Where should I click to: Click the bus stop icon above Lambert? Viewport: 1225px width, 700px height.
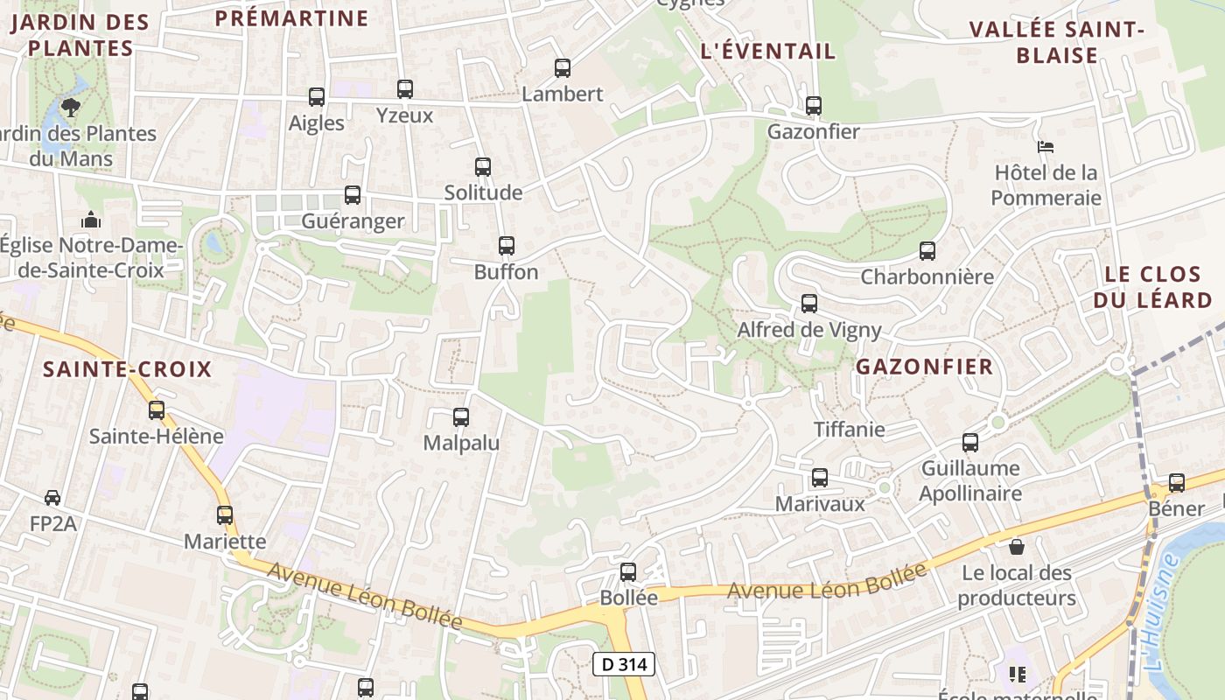coord(563,68)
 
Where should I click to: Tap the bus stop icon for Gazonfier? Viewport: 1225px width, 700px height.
coord(814,106)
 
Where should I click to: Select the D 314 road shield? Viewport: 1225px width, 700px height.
coord(625,664)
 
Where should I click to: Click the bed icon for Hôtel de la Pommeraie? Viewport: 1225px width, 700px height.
coord(1045,146)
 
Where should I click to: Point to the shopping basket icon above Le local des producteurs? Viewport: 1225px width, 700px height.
coord(1017,547)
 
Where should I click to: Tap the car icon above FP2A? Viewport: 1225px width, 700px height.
coord(52,498)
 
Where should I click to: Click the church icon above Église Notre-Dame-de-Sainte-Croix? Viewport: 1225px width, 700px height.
coord(91,220)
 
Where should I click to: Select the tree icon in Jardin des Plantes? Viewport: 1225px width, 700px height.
coord(71,108)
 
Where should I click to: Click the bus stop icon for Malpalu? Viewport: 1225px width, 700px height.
coord(461,417)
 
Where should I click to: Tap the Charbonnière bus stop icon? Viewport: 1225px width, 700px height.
coord(927,251)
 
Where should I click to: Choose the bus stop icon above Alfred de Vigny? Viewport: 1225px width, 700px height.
coord(809,304)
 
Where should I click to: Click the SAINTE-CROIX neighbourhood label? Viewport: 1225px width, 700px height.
coord(128,369)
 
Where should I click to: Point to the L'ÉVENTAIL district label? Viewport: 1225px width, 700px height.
coord(768,52)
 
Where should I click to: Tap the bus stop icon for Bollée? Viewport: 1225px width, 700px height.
coord(628,572)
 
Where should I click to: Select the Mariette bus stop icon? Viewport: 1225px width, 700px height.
coord(225,515)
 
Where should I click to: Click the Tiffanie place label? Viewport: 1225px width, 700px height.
coord(850,430)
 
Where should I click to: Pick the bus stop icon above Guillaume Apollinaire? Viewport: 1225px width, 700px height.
coord(970,443)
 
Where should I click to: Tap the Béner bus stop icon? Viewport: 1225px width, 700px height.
coord(1177,482)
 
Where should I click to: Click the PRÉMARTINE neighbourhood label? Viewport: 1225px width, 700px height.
coord(291,18)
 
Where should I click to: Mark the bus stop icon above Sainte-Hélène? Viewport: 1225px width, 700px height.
coord(157,409)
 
